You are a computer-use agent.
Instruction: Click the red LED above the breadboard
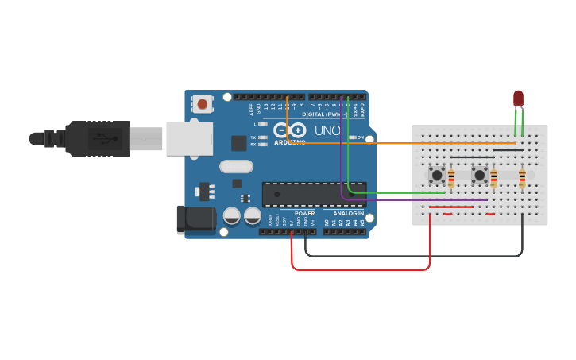(x=519, y=98)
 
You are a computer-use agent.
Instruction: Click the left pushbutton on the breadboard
(x=436, y=175)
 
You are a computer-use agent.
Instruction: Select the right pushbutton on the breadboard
(x=479, y=175)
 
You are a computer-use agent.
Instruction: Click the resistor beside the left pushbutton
(x=451, y=179)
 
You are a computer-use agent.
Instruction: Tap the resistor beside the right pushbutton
(x=493, y=179)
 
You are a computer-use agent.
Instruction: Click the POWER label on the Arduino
(x=304, y=213)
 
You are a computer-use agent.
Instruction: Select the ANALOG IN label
(x=348, y=213)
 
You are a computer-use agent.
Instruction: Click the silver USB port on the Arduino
(x=190, y=138)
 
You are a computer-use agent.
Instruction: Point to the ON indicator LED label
(x=360, y=137)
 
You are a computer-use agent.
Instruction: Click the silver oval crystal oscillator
(x=236, y=167)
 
